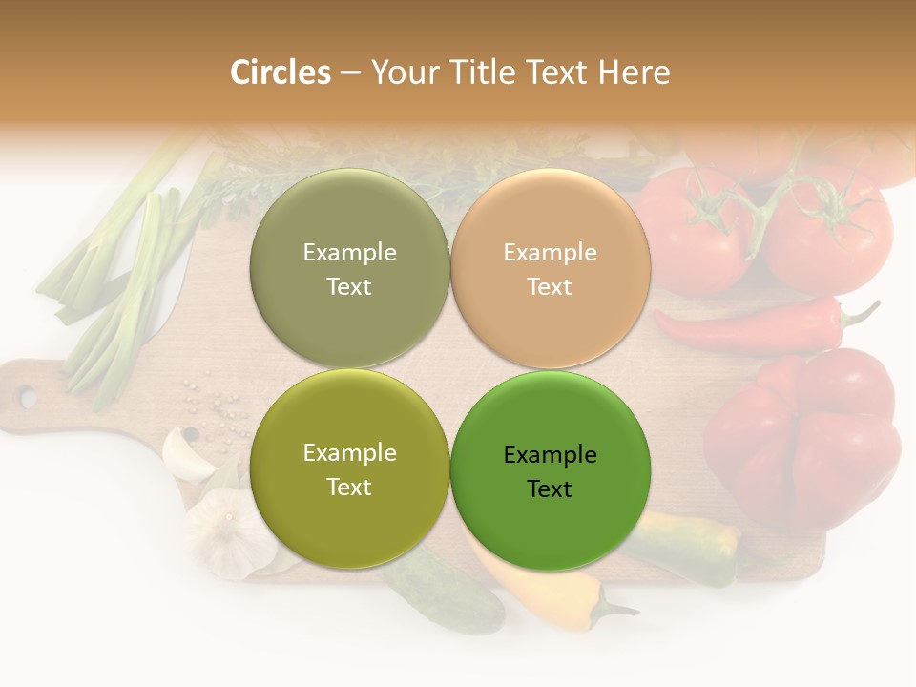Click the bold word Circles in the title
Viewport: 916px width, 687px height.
281,73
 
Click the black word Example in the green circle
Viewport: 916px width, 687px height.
551,455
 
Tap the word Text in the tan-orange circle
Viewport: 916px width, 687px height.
550,286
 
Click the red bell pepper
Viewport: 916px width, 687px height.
806,439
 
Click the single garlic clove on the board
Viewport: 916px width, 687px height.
189,453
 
